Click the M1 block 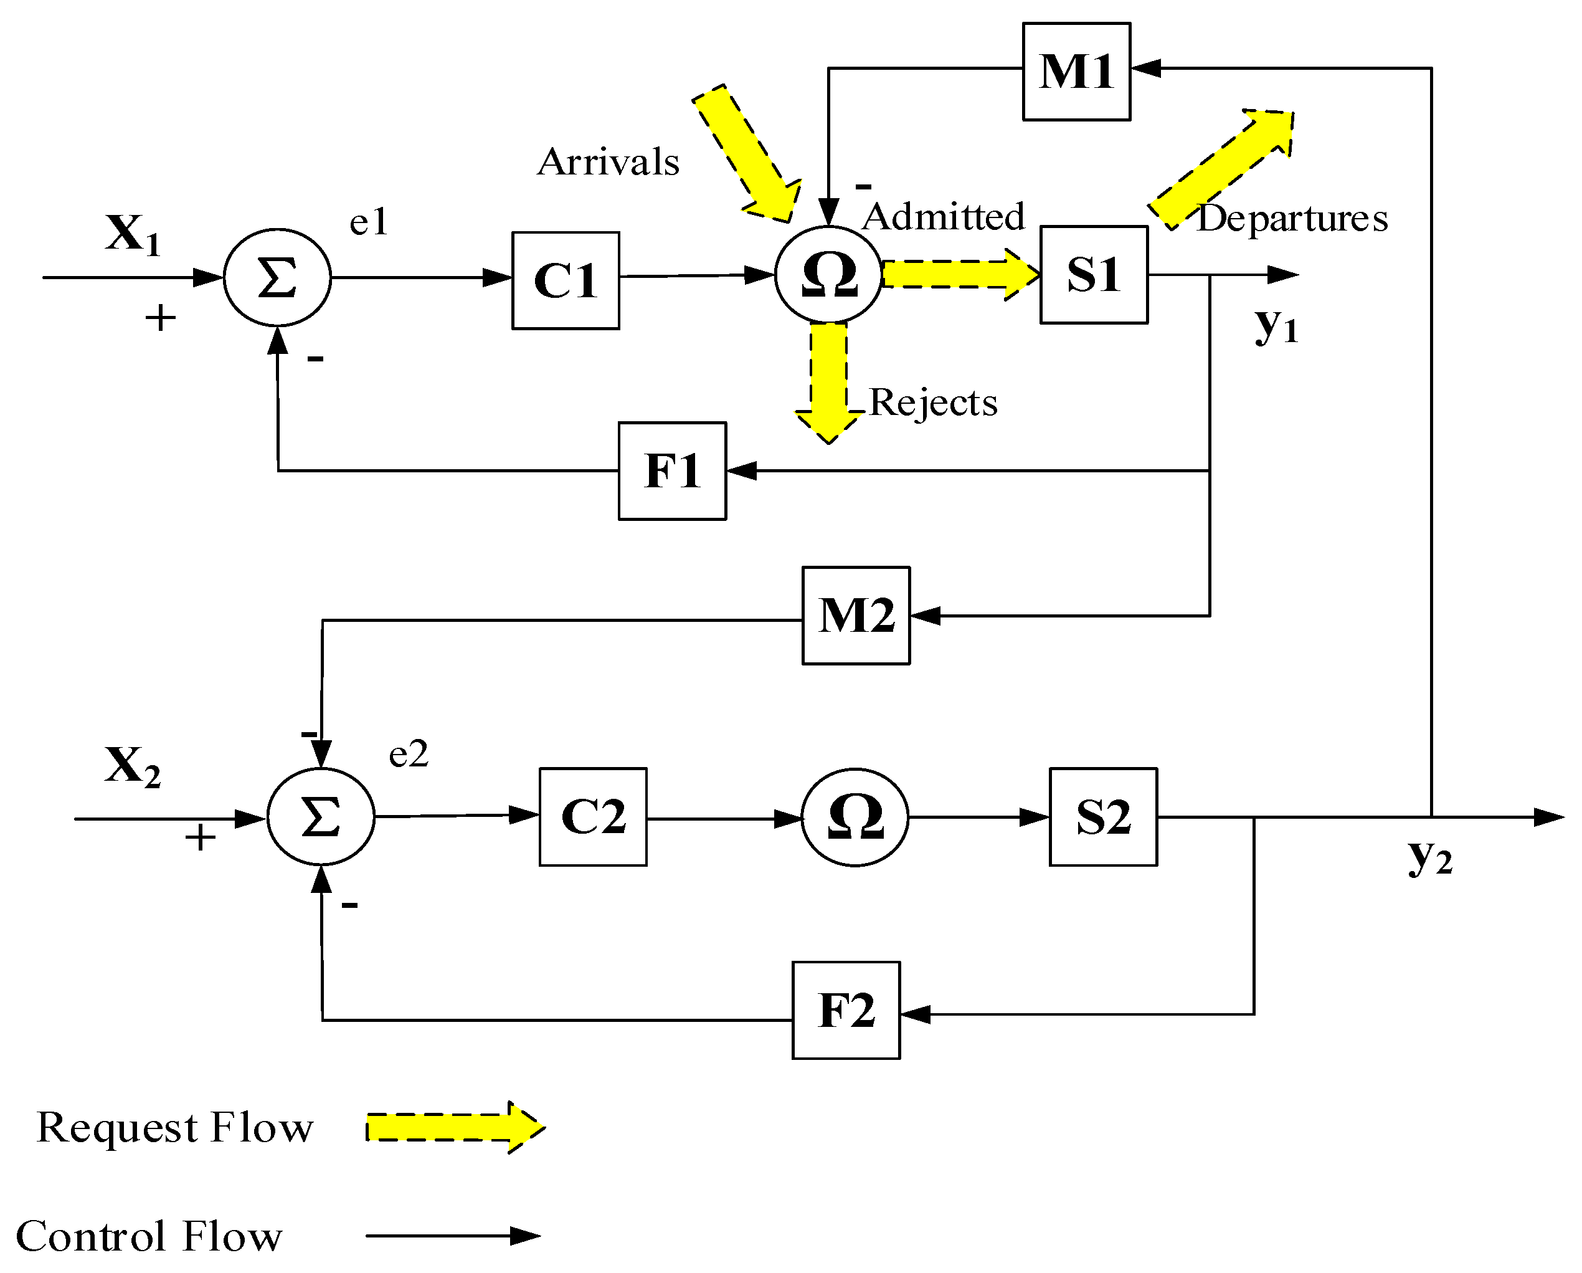pos(1076,71)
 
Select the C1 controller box pos(565,280)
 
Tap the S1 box pos(1093,275)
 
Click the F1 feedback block pos(672,470)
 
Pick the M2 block pos(856,615)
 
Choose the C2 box pos(593,816)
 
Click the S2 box pos(1103,816)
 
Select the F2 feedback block pos(845,1009)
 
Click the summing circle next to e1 pos(277,277)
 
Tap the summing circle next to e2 pos(321,816)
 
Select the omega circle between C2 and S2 pos(855,816)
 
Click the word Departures pos(1291,218)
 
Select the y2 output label pos(1429,856)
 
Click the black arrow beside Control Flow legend pos(453,1236)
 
